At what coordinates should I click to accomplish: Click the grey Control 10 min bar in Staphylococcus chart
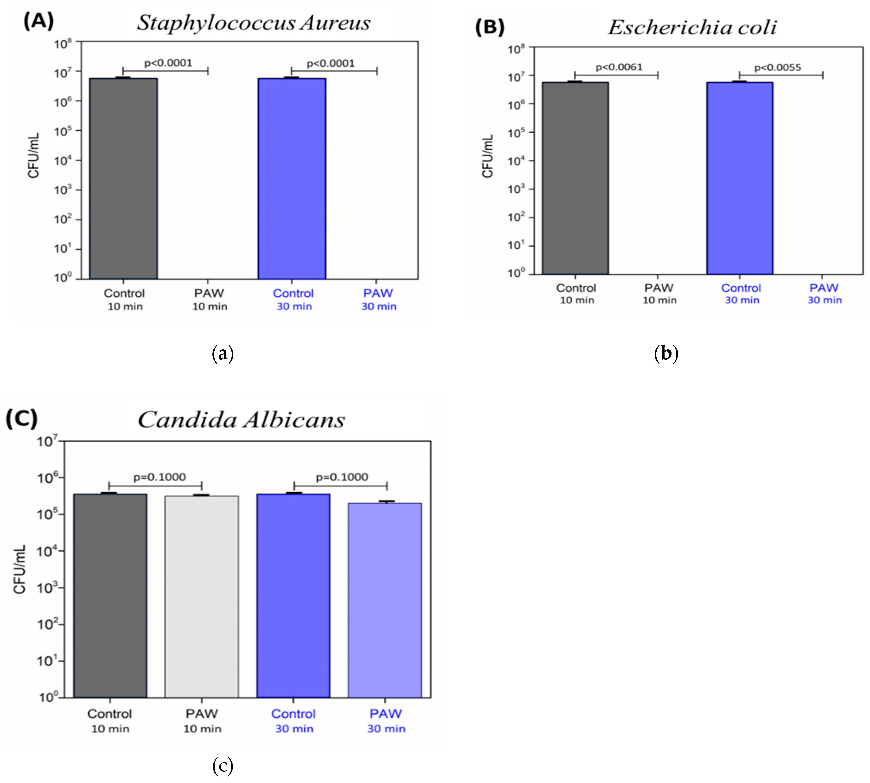123,179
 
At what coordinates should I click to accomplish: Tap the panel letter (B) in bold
489,27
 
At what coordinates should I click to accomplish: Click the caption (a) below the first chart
223,354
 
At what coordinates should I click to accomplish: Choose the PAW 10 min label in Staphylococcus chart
209,299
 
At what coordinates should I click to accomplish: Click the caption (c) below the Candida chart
223,765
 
